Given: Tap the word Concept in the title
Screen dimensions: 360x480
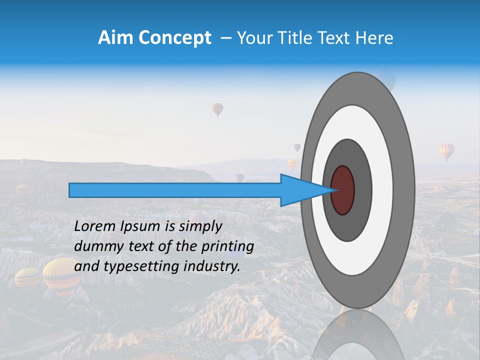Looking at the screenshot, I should pos(174,38).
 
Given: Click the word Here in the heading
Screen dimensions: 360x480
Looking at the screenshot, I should pos(374,38).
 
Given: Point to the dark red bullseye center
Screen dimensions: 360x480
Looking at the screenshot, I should pos(342,190).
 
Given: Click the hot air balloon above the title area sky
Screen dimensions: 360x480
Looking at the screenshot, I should pos(217,109).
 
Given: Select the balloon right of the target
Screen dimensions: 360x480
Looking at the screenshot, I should pos(447,150).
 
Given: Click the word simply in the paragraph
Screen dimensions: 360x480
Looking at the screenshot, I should pos(200,226).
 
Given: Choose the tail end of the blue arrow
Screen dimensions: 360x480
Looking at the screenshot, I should pos(71,190).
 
